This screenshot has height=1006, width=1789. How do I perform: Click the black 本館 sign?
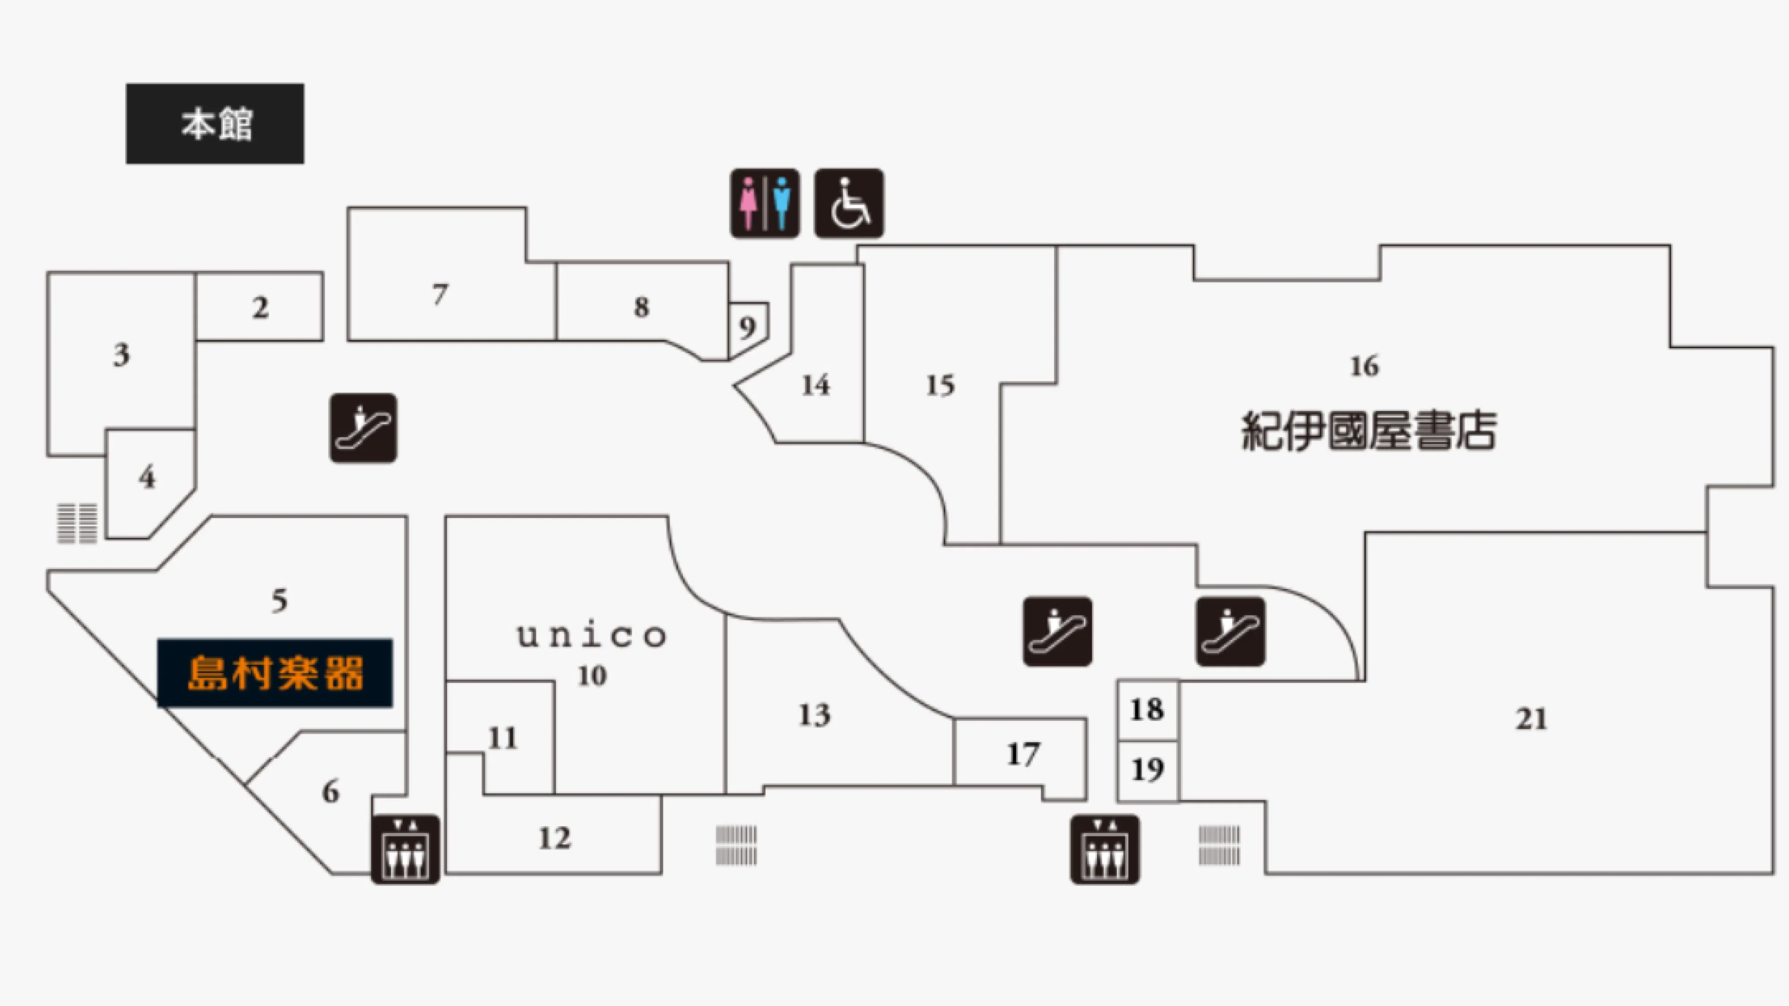point(215,123)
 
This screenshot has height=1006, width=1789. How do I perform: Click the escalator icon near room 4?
point(363,428)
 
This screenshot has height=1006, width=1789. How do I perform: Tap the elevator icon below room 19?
point(1104,849)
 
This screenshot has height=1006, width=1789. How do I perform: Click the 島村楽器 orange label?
point(275,673)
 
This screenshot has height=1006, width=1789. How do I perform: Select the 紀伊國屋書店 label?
point(1368,431)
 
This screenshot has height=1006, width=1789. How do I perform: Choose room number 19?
point(1147,769)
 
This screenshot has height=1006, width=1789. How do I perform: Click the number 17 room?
point(1023,754)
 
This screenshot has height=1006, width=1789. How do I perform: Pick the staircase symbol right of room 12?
point(736,845)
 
